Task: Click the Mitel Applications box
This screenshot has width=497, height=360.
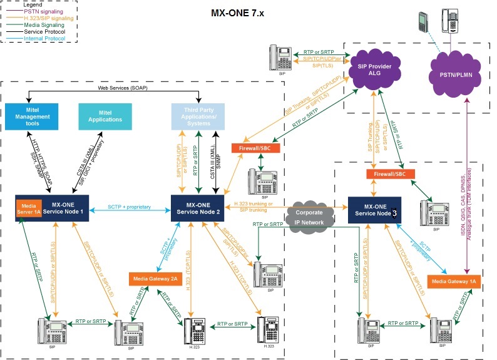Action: [105, 117]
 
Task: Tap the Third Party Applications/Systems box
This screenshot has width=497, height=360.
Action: [197, 117]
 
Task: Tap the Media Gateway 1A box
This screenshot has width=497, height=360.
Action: [455, 282]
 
